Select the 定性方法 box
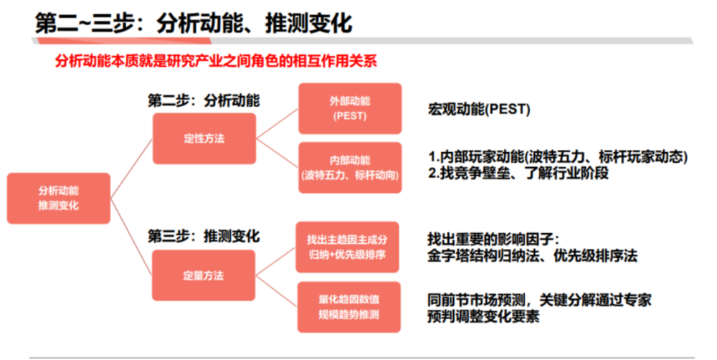(204, 138)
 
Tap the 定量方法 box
(204, 275)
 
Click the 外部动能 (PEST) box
(350, 108)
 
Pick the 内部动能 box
(350, 168)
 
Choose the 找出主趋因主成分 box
(347, 247)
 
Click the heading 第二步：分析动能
(204, 100)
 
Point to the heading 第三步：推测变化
(204, 236)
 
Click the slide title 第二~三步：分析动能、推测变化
(194, 22)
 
